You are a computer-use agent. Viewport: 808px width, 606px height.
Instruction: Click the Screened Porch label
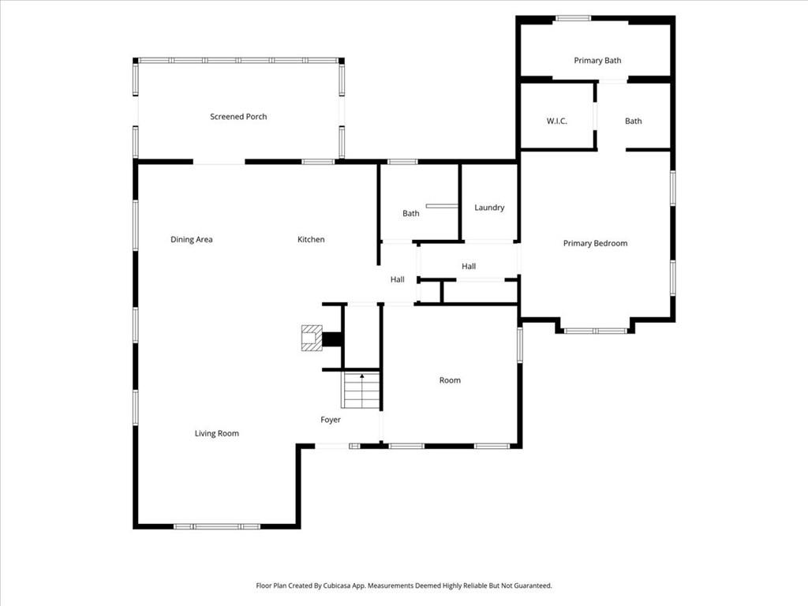tap(238, 117)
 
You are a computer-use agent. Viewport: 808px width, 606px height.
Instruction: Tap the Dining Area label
tap(192, 240)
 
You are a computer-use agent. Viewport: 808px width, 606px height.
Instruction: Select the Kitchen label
tap(311, 240)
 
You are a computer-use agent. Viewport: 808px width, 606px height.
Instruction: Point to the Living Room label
tap(217, 433)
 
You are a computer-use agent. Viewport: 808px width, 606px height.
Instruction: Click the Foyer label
tap(331, 420)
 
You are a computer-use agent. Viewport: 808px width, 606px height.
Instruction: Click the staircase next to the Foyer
tap(361, 391)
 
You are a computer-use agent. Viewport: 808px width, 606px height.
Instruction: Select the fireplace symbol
tap(312, 339)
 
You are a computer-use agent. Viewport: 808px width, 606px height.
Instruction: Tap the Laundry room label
tap(489, 208)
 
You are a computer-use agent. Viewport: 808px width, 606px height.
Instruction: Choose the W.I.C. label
tap(557, 121)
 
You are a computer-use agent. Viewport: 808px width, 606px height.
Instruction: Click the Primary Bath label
tap(597, 61)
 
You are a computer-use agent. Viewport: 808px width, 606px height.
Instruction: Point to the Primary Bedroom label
tap(595, 244)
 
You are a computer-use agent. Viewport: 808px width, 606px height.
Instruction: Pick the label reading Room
tap(450, 380)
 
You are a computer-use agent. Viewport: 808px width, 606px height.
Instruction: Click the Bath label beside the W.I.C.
tap(634, 121)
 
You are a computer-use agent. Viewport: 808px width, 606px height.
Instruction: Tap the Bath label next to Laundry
tap(411, 214)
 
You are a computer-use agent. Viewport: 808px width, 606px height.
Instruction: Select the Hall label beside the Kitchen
tap(398, 279)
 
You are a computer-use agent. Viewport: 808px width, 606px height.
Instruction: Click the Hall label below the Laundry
tap(469, 267)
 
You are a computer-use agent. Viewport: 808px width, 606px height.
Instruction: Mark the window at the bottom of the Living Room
tap(217, 526)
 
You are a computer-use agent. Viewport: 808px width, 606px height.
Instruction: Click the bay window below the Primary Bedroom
tap(596, 331)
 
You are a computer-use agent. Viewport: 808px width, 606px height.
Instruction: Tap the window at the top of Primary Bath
tap(573, 18)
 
